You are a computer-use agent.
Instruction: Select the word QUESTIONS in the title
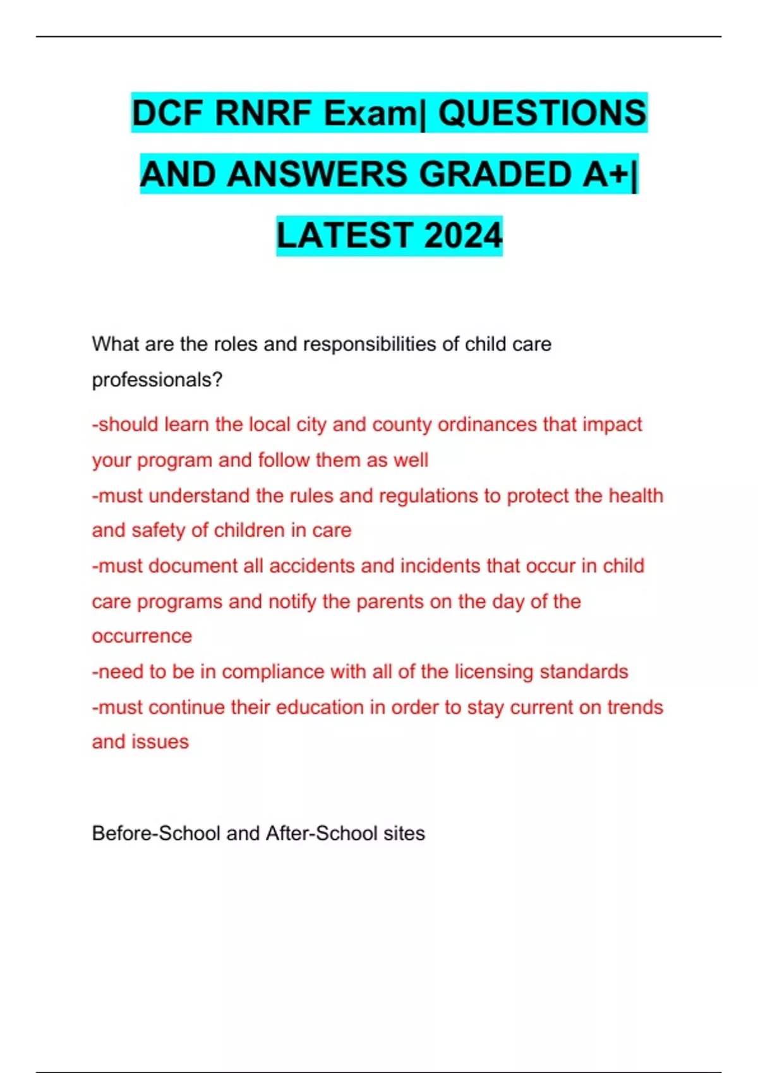542,114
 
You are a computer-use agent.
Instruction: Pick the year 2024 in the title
463,235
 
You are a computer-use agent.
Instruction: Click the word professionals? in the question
157,380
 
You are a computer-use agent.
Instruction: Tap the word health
635,495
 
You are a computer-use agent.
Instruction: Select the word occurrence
141,636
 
